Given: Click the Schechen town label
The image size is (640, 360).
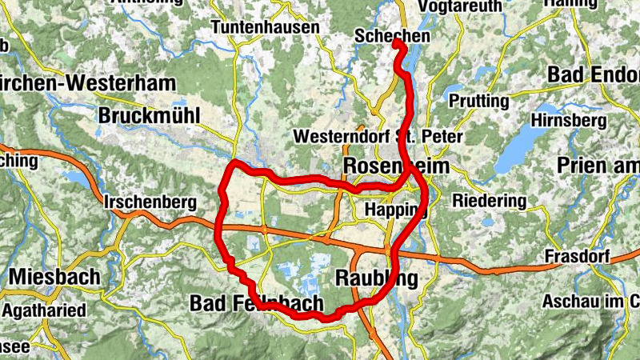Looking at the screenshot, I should click(x=392, y=36).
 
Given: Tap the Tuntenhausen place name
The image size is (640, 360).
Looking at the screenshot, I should click(x=265, y=26).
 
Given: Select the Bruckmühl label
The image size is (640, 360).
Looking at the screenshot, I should click(x=150, y=115).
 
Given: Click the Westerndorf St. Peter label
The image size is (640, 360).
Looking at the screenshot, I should click(x=378, y=137).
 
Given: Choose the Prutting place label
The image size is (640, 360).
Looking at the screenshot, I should click(x=479, y=102).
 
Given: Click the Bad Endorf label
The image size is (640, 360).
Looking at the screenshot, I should click(x=594, y=74).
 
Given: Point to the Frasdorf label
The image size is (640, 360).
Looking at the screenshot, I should click(x=577, y=257).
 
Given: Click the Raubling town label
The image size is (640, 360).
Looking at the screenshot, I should click(x=375, y=278).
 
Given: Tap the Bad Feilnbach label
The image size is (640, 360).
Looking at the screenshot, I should click(x=257, y=303).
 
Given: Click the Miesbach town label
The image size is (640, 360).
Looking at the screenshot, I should click(x=55, y=278).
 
